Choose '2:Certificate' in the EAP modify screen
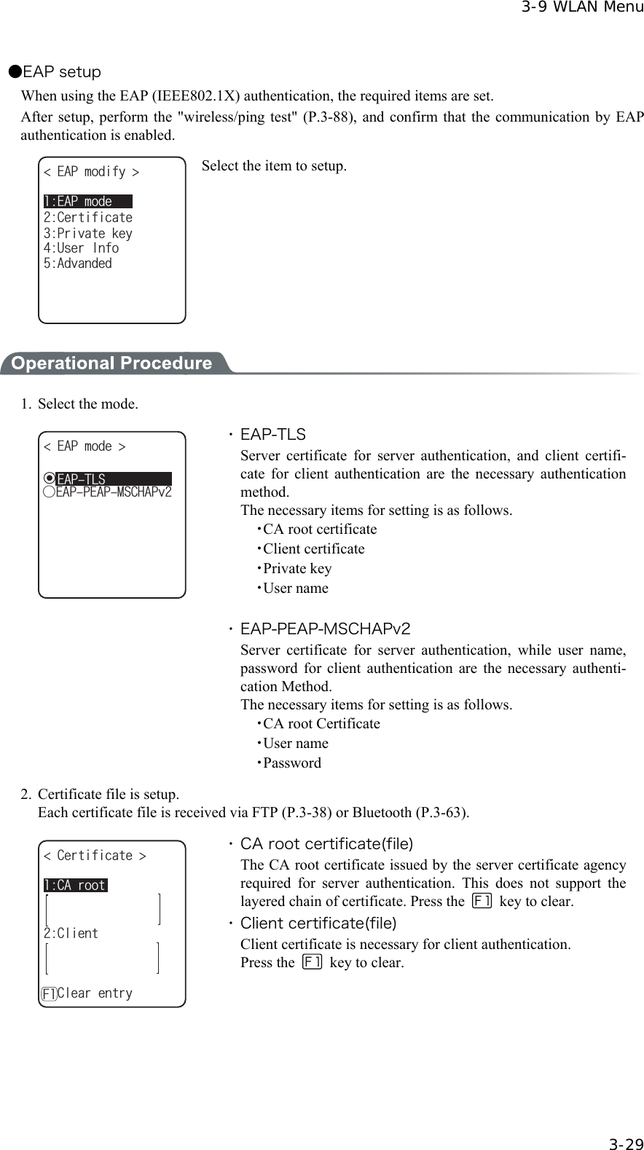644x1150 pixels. tap(87, 218)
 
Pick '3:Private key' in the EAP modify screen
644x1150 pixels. tap(87, 234)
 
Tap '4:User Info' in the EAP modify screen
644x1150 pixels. tap(81, 248)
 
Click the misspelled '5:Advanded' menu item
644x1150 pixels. tap(78, 264)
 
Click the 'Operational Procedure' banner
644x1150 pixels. tap(111, 363)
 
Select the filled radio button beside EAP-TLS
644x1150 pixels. tap(49, 478)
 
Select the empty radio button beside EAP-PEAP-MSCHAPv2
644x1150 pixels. tap(49, 492)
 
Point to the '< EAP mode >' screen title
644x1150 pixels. tap(85, 446)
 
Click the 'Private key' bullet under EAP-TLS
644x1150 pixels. tap(297, 569)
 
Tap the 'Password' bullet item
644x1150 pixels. tap(291, 763)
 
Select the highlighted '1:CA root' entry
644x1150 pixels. tap(75, 886)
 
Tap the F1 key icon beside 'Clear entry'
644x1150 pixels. tap(49, 994)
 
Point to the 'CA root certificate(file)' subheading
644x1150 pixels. tap(326, 844)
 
